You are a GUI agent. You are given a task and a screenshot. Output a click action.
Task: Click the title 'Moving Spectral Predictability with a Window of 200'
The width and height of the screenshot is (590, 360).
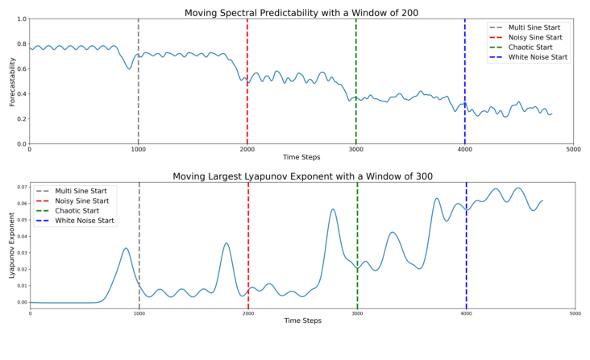(x=301, y=12)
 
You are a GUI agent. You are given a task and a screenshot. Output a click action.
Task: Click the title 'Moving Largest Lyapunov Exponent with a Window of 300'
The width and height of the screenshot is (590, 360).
(x=301, y=176)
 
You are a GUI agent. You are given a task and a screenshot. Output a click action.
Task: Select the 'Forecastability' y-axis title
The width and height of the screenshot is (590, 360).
(x=12, y=81)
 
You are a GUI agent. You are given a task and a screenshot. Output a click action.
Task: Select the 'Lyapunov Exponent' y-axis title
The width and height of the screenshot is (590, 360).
(x=12, y=246)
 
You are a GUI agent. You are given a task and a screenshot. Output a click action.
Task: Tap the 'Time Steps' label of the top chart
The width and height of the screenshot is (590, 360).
(x=301, y=157)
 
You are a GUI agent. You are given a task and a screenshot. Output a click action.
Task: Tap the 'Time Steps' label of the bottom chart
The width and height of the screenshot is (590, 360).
(x=302, y=321)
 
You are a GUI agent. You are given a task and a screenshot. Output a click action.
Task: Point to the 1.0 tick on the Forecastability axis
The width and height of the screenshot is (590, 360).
(x=21, y=19)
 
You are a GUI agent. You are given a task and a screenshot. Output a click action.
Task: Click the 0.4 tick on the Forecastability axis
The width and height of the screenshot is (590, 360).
(x=21, y=94)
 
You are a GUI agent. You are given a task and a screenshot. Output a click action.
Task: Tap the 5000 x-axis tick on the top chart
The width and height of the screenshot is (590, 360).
(x=573, y=149)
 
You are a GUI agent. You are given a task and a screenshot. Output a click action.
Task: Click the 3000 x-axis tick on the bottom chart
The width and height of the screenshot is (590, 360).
(x=357, y=312)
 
